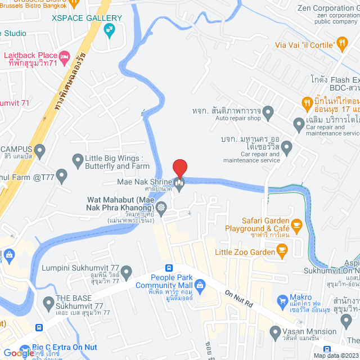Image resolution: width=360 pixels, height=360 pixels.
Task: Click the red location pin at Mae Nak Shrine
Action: tap(179, 168)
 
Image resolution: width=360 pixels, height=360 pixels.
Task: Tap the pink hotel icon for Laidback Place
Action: tap(64, 56)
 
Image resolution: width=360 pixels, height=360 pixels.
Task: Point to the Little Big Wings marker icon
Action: tap(78, 161)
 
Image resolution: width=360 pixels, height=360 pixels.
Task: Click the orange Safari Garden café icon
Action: tap(297, 224)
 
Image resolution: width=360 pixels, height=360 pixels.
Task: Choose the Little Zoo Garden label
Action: tap(245, 252)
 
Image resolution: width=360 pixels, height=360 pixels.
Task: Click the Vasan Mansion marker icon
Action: tap(276, 331)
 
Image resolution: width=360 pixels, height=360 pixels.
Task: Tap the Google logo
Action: tap(19, 353)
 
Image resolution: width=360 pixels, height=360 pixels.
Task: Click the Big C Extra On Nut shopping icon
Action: tap(25, 348)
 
